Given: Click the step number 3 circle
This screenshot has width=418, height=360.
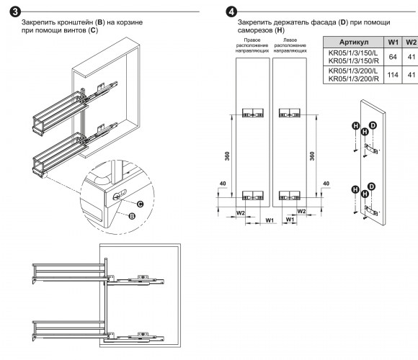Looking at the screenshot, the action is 15,12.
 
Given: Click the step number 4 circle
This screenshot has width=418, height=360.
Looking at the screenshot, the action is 231,12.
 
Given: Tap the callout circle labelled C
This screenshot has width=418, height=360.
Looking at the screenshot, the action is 141,204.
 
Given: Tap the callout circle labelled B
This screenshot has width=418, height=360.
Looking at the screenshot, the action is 132,216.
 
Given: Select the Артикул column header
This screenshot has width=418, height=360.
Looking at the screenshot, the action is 354,42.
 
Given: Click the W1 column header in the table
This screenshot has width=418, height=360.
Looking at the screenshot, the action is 393,42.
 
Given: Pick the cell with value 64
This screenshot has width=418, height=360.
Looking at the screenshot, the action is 393,57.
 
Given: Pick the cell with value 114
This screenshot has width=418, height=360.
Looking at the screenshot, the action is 393,75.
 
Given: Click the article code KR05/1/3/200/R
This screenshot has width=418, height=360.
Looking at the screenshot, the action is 353,78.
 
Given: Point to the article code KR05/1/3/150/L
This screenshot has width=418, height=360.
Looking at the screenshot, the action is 353,53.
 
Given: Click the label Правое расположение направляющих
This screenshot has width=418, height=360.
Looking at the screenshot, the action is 252,45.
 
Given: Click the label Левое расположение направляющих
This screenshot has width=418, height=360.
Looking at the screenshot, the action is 290,45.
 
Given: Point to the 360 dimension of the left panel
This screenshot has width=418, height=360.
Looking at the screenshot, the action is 227,156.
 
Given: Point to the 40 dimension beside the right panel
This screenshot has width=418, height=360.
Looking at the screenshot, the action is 326,184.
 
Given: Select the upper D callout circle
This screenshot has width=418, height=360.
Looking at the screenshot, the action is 373,125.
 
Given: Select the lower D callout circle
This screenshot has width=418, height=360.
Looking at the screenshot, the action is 371,186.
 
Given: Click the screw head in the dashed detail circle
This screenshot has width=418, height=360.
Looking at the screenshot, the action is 117,197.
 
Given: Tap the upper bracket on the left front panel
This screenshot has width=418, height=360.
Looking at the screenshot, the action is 253,113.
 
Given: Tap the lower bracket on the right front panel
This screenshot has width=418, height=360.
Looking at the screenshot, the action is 290,195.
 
